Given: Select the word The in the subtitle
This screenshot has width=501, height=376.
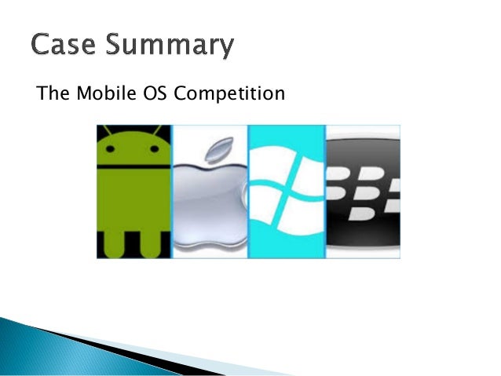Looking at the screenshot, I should pos(49,95).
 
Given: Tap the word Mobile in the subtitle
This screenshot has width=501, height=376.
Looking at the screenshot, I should pos(97,95).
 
